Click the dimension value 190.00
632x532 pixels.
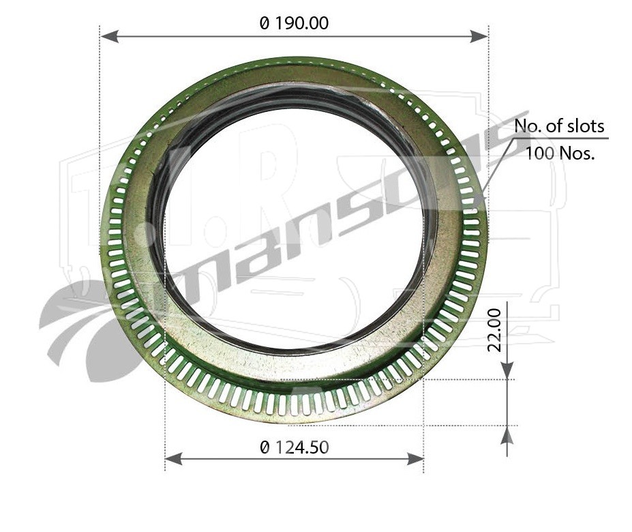tap(302, 23)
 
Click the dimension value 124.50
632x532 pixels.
tap(302, 447)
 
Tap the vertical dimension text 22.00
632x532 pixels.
tap(494, 330)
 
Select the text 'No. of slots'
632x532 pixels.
tap(559, 126)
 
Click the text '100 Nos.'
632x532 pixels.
tap(560, 153)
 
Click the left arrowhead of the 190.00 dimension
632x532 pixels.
tap(109, 37)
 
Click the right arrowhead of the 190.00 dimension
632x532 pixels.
tap(479, 37)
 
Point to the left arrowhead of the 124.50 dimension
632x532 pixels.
tap(174, 458)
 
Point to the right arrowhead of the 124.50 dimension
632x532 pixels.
tap(415, 458)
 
